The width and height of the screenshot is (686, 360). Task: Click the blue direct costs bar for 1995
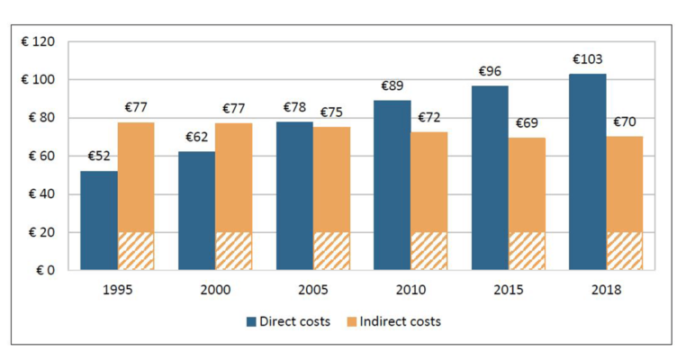pyautogui.click(x=98, y=220)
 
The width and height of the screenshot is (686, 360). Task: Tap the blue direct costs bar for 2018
pyautogui.click(x=587, y=171)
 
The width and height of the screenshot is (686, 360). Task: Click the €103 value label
pyautogui.click(x=587, y=60)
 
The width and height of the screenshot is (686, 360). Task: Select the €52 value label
pyautogui.click(x=98, y=157)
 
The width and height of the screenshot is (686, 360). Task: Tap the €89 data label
pyautogui.click(x=392, y=86)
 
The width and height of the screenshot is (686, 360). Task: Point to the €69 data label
pyautogui.click(x=527, y=123)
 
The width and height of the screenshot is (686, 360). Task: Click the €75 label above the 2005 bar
pyautogui.click(x=331, y=112)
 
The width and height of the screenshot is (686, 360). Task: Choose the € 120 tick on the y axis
pyautogui.click(x=39, y=42)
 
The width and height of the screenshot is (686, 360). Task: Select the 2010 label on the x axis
pyautogui.click(x=411, y=290)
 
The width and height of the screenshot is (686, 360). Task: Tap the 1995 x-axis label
pyautogui.click(x=117, y=290)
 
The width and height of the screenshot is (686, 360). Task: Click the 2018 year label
pyautogui.click(x=606, y=290)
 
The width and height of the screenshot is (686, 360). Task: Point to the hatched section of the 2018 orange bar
pyautogui.click(x=625, y=251)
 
